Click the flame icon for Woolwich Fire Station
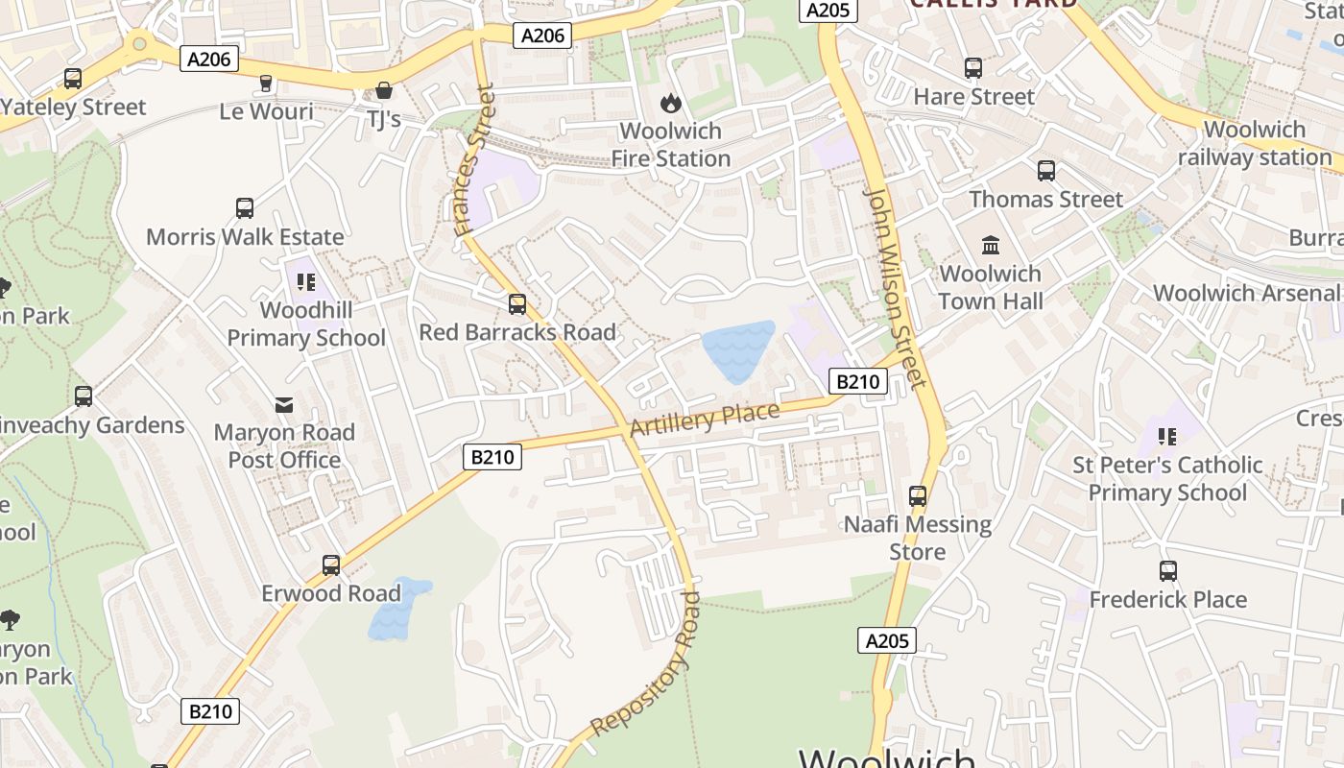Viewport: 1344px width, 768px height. pyautogui.click(x=670, y=102)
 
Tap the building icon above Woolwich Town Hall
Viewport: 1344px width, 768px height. pyautogui.click(x=991, y=245)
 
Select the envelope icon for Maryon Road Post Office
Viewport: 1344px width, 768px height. pyautogui.click(x=284, y=405)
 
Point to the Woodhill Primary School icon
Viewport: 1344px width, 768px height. pyautogui.click(x=306, y=282)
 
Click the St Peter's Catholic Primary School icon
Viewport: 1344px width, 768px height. pyautogui.click(x=1167, y=437)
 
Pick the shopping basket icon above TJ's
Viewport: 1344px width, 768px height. pyautogui.click(x=384, y=90)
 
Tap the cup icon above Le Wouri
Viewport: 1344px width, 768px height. pyautogui.click(x=266, y=84)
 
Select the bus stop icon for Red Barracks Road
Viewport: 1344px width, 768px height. pyautogui.click(x=517, y=304)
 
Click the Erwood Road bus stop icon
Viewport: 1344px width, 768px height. pyautogui.click(x=331, y=565)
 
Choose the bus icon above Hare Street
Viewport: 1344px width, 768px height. pyautogui.click(x=973, y=68)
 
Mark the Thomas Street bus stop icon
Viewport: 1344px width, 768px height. pyautogui.click(x=1046, y=171)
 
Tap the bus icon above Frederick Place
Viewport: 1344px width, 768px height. pyautogui.click(x=1168, y=571)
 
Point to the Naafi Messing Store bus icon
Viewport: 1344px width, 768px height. pyautogui.click(x=918, y=496)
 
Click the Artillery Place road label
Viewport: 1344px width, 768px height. pyautogui.click(x=705, y=420)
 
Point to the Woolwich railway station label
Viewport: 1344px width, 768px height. pyautogui.click(x=1255, y=143)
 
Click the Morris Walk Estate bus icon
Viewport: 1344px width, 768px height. pyautogui.click(x=245, y=208)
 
